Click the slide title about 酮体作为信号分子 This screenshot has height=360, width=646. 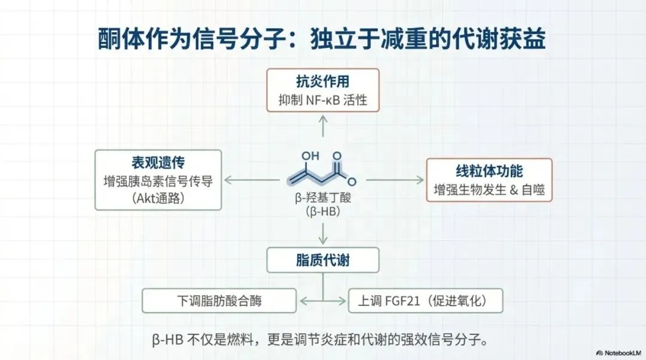322,40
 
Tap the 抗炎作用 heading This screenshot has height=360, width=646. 322,82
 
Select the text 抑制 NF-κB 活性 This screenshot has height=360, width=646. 322,100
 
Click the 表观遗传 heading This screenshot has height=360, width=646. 158,163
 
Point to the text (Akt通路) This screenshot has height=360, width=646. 158,197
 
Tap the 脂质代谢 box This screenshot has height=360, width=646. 322,260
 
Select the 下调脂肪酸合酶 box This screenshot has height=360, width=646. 219,301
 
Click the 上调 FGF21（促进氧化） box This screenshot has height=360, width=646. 425,301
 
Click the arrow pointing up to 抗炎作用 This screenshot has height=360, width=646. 322,127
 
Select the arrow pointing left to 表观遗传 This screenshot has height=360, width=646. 251,179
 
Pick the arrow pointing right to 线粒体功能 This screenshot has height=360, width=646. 395,179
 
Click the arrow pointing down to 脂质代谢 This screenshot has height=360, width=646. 322,233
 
